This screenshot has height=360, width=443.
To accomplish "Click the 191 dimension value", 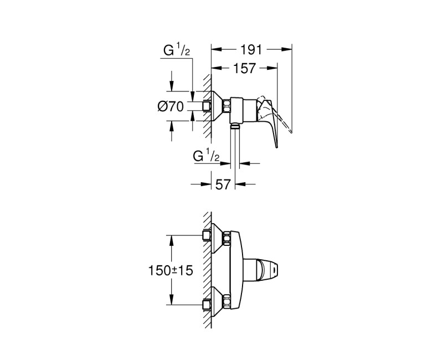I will (251, 49).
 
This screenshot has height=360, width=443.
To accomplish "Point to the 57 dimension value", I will (222, 184).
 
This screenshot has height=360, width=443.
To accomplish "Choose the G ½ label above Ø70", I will (177, 52).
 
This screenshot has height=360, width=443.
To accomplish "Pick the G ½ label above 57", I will (207, 157).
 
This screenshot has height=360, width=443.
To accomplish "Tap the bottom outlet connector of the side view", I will (235, 127).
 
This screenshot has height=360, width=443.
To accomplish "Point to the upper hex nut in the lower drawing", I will (226, 238).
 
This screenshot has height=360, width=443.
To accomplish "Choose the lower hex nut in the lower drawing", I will (226, 302).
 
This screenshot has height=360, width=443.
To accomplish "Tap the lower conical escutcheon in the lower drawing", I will (215, 302).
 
